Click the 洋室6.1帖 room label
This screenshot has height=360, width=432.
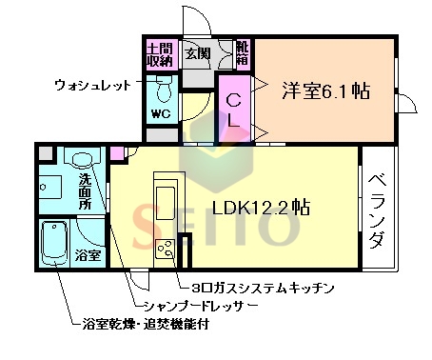point(324,92)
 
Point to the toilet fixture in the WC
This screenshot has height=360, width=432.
point(164,92)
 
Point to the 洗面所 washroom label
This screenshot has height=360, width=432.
point(86,190)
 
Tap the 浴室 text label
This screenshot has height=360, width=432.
point(88,254)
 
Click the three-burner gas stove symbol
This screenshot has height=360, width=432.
point(165,250)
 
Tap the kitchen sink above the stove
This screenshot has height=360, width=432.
point(165,204)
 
